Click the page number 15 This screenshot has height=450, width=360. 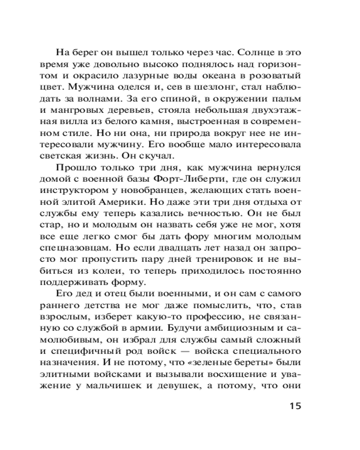(292, 406)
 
